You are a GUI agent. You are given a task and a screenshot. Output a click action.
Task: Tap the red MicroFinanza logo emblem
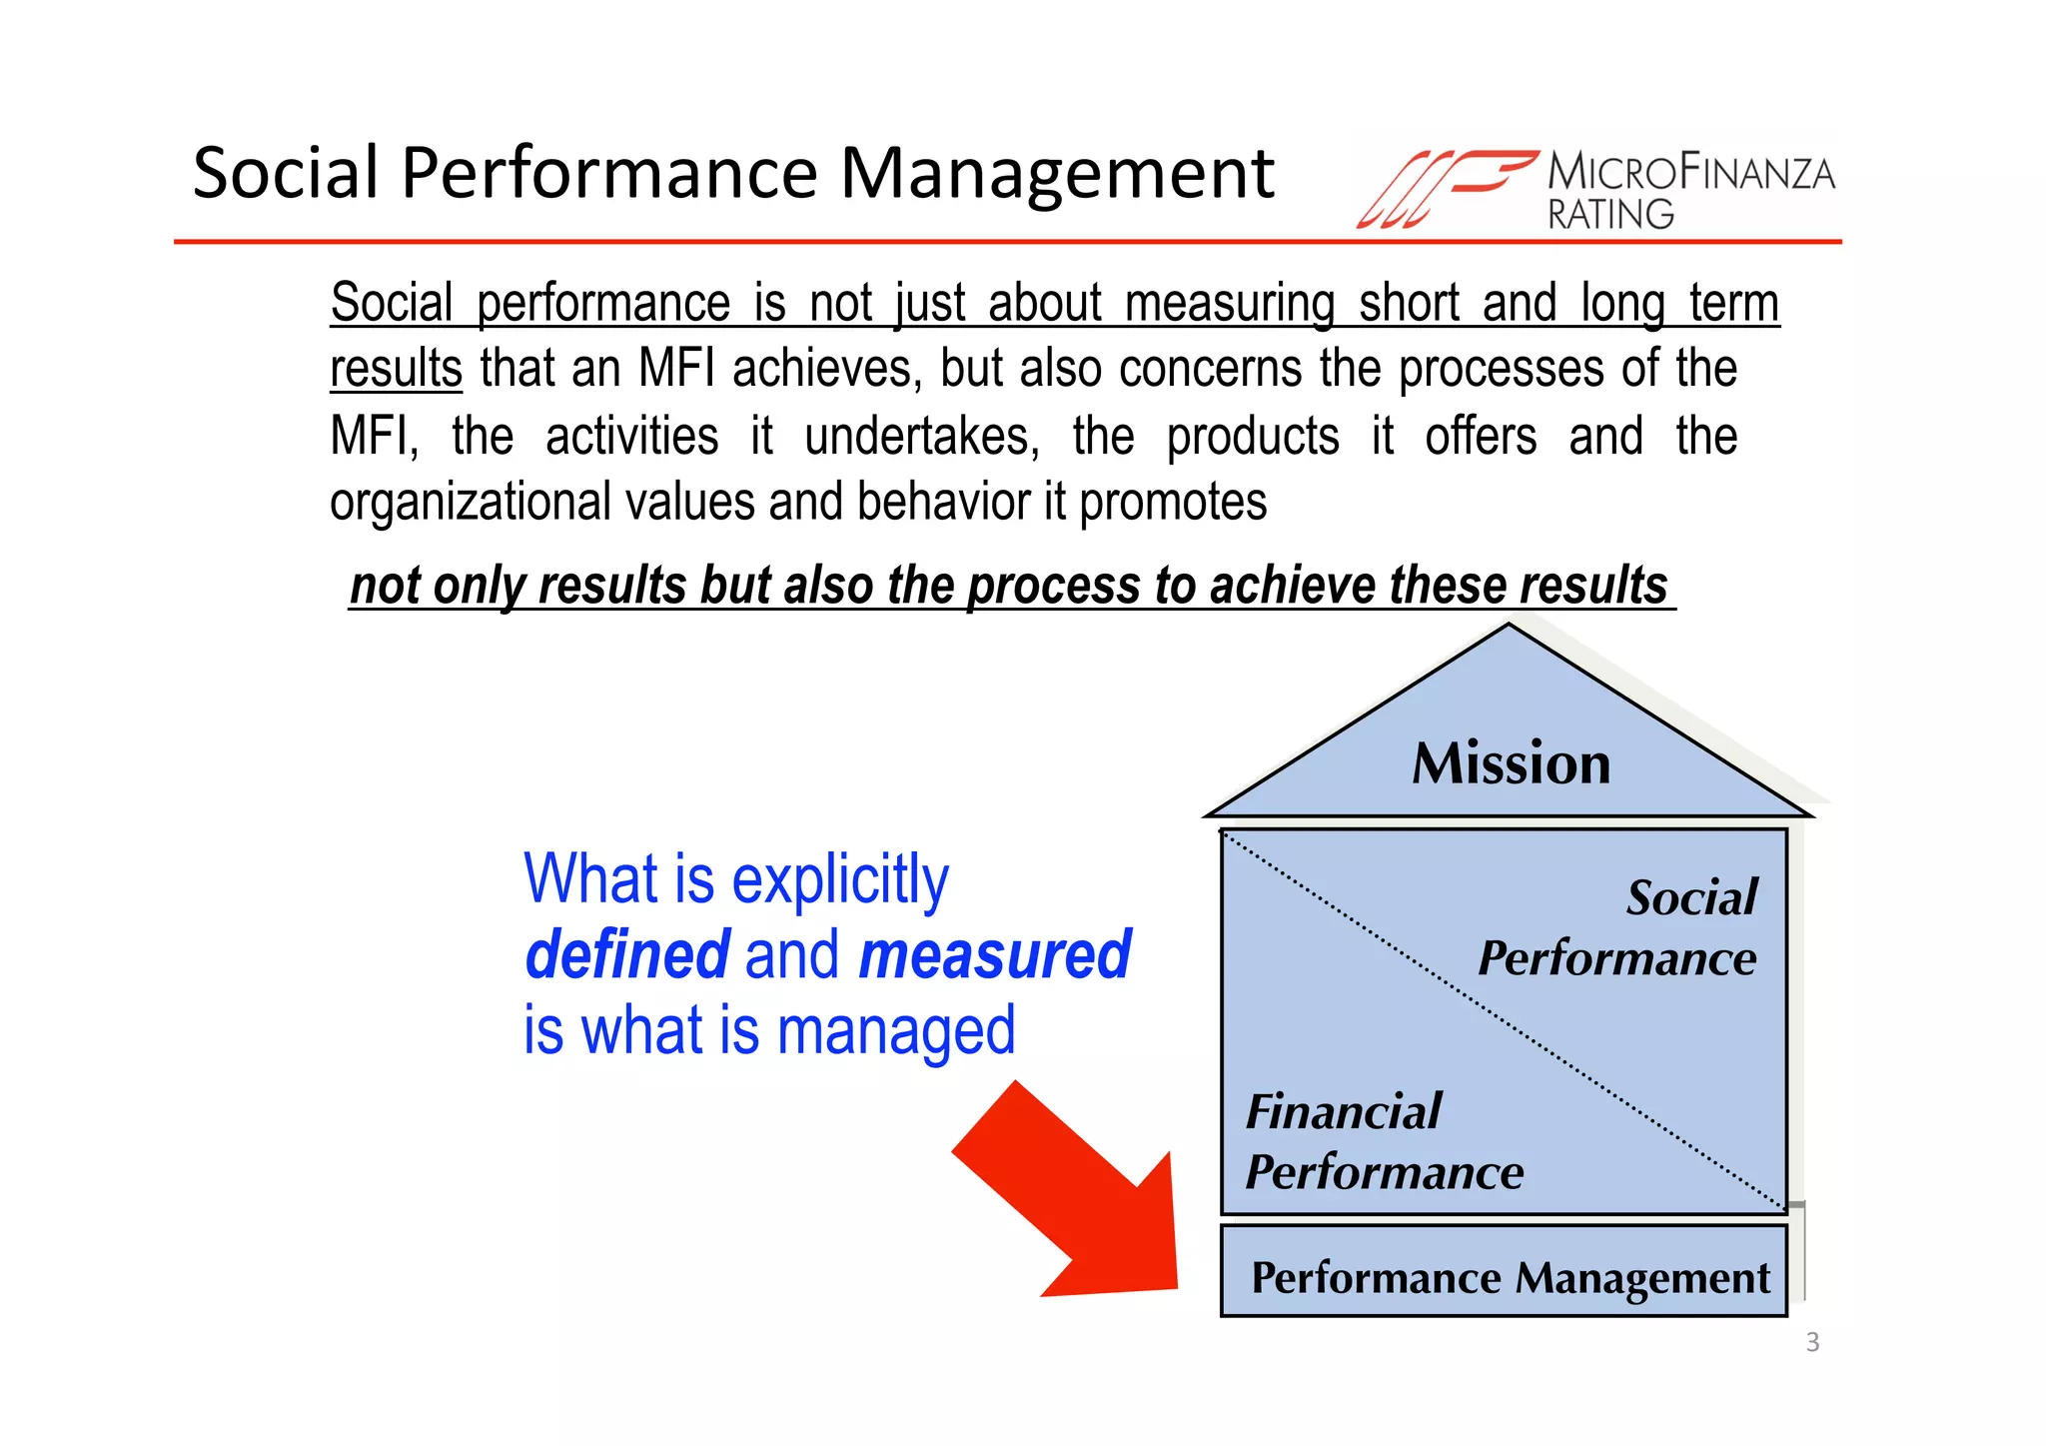[x=1444, y=188]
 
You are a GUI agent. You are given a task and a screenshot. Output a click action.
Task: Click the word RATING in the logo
[x=1610, y=214]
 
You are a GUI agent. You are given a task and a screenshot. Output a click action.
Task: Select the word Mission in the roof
[x=1511, y=763]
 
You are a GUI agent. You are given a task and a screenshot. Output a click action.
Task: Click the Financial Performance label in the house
[x=1384, y=1141]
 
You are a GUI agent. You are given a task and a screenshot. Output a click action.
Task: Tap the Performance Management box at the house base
[x=1509, y=1277]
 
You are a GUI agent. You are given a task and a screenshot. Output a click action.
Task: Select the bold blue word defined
[x=627, y=954]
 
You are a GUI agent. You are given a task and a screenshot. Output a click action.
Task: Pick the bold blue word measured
[x=994, y=954]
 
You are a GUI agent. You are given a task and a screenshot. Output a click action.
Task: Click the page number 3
[x=1812, y=1342]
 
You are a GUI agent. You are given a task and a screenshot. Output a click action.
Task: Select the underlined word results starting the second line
[x=396, y=369]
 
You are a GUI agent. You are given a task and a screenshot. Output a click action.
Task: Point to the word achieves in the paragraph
[x=821, y=369]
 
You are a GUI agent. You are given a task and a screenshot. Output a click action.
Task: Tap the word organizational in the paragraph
[x=470, y=503]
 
